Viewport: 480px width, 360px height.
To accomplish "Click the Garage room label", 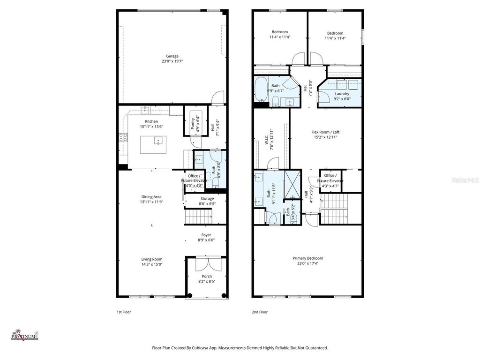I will click(172, 56).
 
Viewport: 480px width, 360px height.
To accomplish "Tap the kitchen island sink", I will click(158, 139).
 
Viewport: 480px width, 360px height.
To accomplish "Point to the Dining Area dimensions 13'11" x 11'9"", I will click(151, 202).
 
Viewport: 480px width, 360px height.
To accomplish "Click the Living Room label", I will click(151, 259).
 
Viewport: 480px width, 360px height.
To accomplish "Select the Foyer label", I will click(206, 235).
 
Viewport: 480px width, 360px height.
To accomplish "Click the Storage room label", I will click(207, 199).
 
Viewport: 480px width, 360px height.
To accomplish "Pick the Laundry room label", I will click(342, 94).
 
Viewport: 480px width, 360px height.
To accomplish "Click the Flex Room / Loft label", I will click(325, 132).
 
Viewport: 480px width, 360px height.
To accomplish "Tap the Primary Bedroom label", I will click(307, 258).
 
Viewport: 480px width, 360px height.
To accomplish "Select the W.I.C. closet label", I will click(265, 139).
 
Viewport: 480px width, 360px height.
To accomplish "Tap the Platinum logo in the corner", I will click(25, 334).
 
